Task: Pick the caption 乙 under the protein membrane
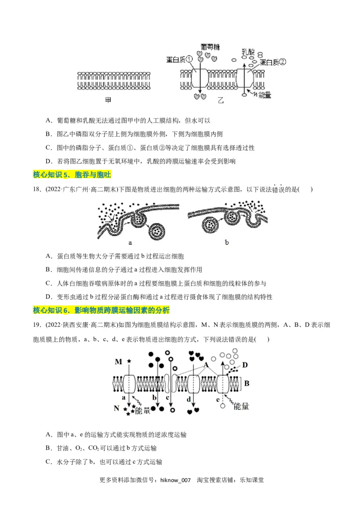221,100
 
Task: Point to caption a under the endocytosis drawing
130,242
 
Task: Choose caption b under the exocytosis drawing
227,242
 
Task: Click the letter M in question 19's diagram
118,361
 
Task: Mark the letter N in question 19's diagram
117,408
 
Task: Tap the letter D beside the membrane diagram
245,365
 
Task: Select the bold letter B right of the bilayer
247,384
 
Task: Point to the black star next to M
128,361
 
